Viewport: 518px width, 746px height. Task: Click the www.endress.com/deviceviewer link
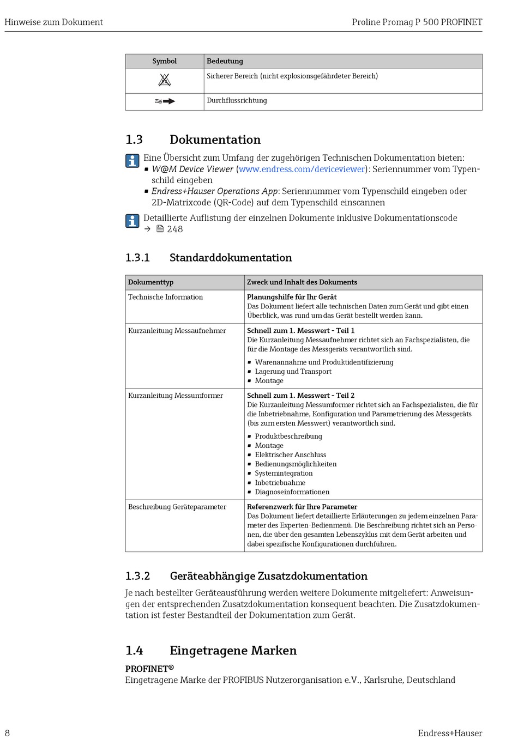[302, 169]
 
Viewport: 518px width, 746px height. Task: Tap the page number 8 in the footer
[7, 733]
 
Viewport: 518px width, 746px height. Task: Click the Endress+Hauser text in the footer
[450, 733]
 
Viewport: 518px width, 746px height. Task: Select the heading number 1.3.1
[137, 258]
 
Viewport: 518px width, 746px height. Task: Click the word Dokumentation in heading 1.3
[215, 140]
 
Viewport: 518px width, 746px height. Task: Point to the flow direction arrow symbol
[165, 101]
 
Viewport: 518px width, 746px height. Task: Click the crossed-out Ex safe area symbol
[165, 81]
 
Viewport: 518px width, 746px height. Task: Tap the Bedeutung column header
[225, 61]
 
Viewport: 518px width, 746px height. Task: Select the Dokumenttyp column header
[150, 282]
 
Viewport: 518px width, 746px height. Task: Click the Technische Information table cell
[165, 297]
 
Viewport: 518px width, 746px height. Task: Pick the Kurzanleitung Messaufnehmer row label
[177, 331]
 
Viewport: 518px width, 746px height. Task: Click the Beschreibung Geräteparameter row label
[177, 507]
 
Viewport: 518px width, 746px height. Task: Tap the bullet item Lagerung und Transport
[293, 372]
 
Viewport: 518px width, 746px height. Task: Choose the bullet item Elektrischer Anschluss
[290, 455]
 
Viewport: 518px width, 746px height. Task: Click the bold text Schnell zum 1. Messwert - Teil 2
[300, 396]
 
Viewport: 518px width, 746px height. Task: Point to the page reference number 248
[175, 229]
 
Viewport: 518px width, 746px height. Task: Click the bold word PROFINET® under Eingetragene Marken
[149, 669]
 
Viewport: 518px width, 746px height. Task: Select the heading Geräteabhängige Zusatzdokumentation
[268, 576]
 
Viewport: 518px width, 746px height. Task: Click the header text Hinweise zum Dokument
[53, 22]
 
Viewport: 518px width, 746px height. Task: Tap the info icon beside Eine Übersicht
[132, 161]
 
